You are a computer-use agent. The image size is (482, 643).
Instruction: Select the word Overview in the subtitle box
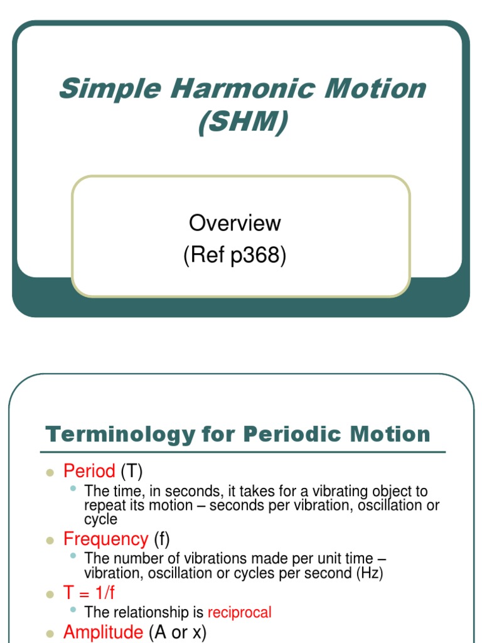[235, 223]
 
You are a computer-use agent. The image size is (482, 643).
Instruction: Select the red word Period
[89, 471]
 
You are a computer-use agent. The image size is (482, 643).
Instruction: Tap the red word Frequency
[105, 539]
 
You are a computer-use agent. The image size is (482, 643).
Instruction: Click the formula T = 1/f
[89, 593]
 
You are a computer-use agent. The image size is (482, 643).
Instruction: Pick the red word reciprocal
[239, 612]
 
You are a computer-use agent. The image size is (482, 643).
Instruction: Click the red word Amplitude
[103, 632]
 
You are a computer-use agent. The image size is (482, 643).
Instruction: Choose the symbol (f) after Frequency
[161, 539]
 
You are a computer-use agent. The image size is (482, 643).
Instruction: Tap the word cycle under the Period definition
[100, 520]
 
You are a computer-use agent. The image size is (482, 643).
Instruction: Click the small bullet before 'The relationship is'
[74, 609]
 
